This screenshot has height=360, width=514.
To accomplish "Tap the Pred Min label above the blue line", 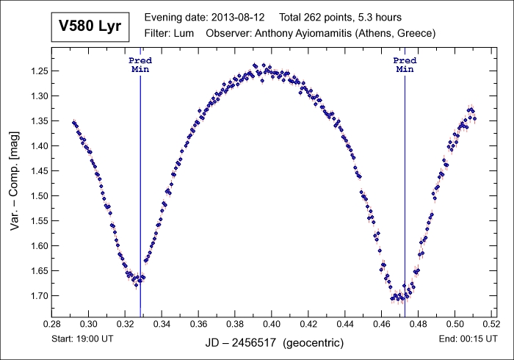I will coord(140,65).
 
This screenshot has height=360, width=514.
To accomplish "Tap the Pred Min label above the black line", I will coord(405,65).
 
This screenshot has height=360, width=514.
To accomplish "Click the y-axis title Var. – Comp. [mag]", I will coord(15,184).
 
